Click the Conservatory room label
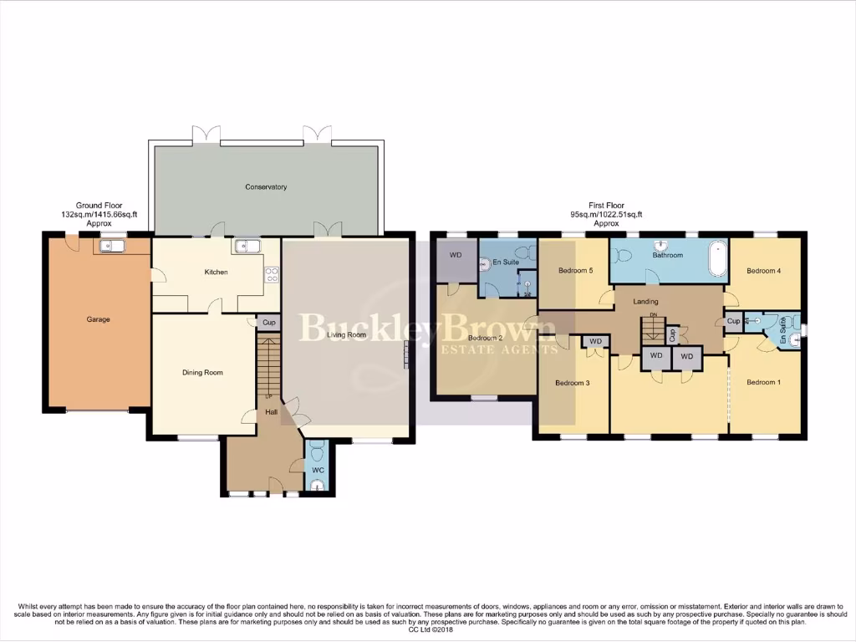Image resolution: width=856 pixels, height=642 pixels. [267, 187]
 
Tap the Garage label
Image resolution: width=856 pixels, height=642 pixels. [99, 319]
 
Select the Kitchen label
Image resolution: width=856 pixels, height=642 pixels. [216, 273]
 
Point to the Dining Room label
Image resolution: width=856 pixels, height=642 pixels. [202, 373]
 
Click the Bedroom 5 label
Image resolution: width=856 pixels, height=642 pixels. [575, 271]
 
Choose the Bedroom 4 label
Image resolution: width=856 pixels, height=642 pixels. [763, 271]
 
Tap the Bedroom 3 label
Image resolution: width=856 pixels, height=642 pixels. [573, 383]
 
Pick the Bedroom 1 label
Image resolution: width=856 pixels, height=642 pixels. [763, 383]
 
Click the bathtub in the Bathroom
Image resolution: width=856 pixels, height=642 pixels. [716, 259]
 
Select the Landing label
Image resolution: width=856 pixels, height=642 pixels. [645, 302]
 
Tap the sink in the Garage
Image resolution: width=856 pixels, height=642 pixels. [111, 246]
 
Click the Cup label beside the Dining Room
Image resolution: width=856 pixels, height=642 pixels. [268, 323]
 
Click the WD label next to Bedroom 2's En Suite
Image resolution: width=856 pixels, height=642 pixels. [456, 255]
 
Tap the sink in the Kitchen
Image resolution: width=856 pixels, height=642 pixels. [247, 246]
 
